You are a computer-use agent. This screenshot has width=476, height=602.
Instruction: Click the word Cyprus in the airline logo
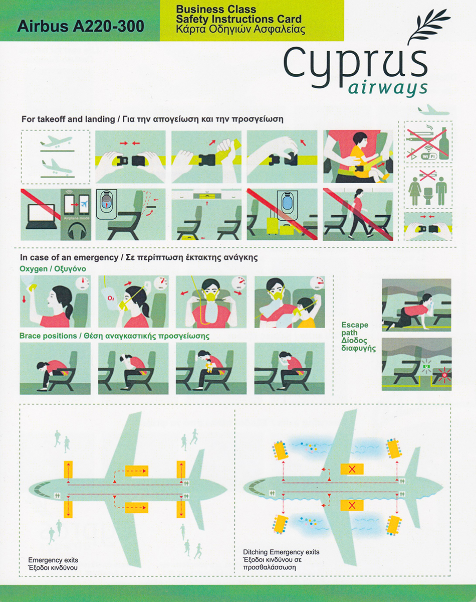pos(355,65)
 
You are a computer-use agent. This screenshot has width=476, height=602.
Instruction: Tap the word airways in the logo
pos(388,89)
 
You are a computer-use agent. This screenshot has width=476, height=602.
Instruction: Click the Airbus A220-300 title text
pos(81,27)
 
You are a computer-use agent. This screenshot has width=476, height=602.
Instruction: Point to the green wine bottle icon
pos(444,145)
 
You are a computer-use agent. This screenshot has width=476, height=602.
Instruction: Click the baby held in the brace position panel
pos(209,366)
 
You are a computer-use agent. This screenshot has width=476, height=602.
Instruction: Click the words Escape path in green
pos(355,329)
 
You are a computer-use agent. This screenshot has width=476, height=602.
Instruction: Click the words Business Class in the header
pos(216,10)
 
